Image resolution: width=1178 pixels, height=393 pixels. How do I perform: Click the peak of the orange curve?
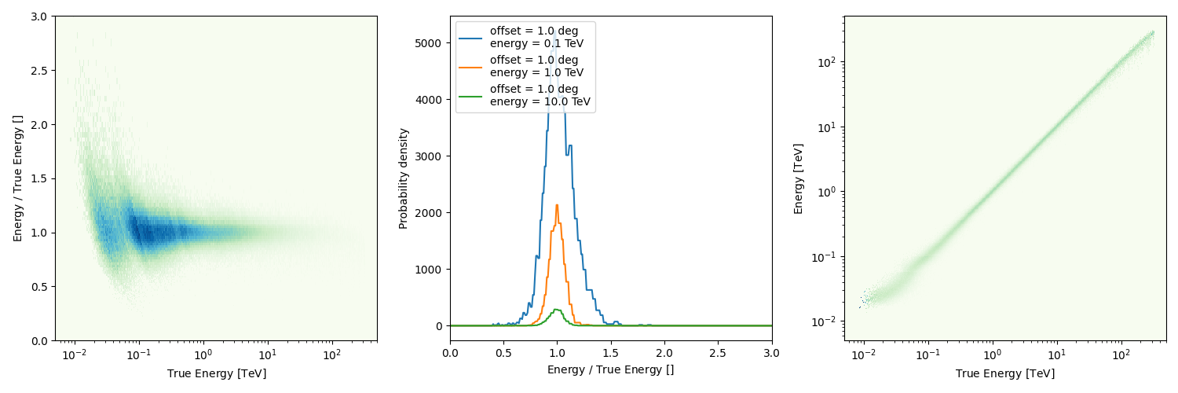pyautogui.click(x=557, y=205)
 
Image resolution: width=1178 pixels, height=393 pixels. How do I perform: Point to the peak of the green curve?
pyautogui.click(x=557, y=309)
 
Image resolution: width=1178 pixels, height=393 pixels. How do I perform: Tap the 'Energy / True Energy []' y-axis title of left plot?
pyautogui.click(x=17, y=178)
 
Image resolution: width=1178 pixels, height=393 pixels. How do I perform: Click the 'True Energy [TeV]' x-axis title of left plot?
pyautogui.click(x=216, y=373)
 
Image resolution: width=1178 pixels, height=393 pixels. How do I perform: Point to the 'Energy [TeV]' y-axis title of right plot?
pyautogui.click(x=799, y=178)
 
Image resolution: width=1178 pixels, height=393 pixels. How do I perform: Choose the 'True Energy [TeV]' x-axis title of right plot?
pyautogui.click(x=1005, y=373)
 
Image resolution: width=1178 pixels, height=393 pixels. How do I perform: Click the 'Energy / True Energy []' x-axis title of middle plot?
pyautogui.click(x=611, y=369)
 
